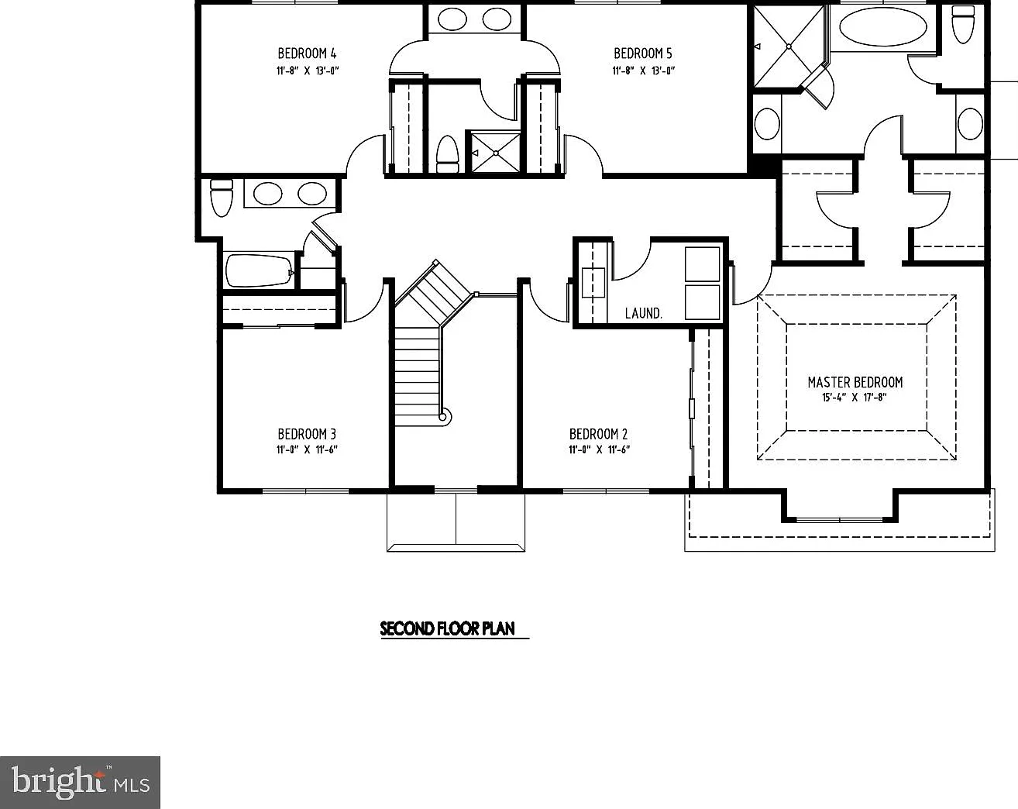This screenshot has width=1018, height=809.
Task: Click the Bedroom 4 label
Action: pyautogui.click(x=307, y=53)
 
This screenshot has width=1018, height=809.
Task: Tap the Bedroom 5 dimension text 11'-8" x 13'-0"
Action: pyautogui.click(x=643, y=71)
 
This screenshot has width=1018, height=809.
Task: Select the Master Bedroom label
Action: pyautogui.click(x=855, y=382)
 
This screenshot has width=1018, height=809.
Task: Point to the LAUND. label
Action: pyautogui.click(x=643, y=313)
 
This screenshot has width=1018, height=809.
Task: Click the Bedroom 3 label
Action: pyautogui.click(x=307, y=434)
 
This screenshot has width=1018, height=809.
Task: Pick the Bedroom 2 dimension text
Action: pyautogui.click(x=600, y=449)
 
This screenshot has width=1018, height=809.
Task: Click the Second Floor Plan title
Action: pyautogui.click(x=448, y=628)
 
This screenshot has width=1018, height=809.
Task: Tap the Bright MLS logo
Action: pyautogui.click(x=80, y=783)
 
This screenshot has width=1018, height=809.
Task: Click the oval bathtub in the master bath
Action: pyautogui.click(x=882, y=26)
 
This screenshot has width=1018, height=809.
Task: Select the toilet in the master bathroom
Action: pyautogui.click(x=963, y=24)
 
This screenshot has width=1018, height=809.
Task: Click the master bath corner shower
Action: pyautogui.click(x=789, y=46)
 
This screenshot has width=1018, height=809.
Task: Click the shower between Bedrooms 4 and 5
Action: pyautogui.click(x=495, y=153)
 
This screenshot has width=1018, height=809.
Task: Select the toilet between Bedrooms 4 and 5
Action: pyautogui.click(x=447, y=154)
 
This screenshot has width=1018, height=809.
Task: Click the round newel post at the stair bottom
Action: pyautogui.click(x=442, y=417)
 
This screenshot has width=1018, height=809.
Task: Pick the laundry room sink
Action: pyautogui.click(x=593, y=283)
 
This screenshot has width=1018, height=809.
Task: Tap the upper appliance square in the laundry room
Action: pyautogui.click(x=703, y=264)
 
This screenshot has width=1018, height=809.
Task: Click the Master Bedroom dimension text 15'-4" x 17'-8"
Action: pyautogui.click(x=855, y=398)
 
